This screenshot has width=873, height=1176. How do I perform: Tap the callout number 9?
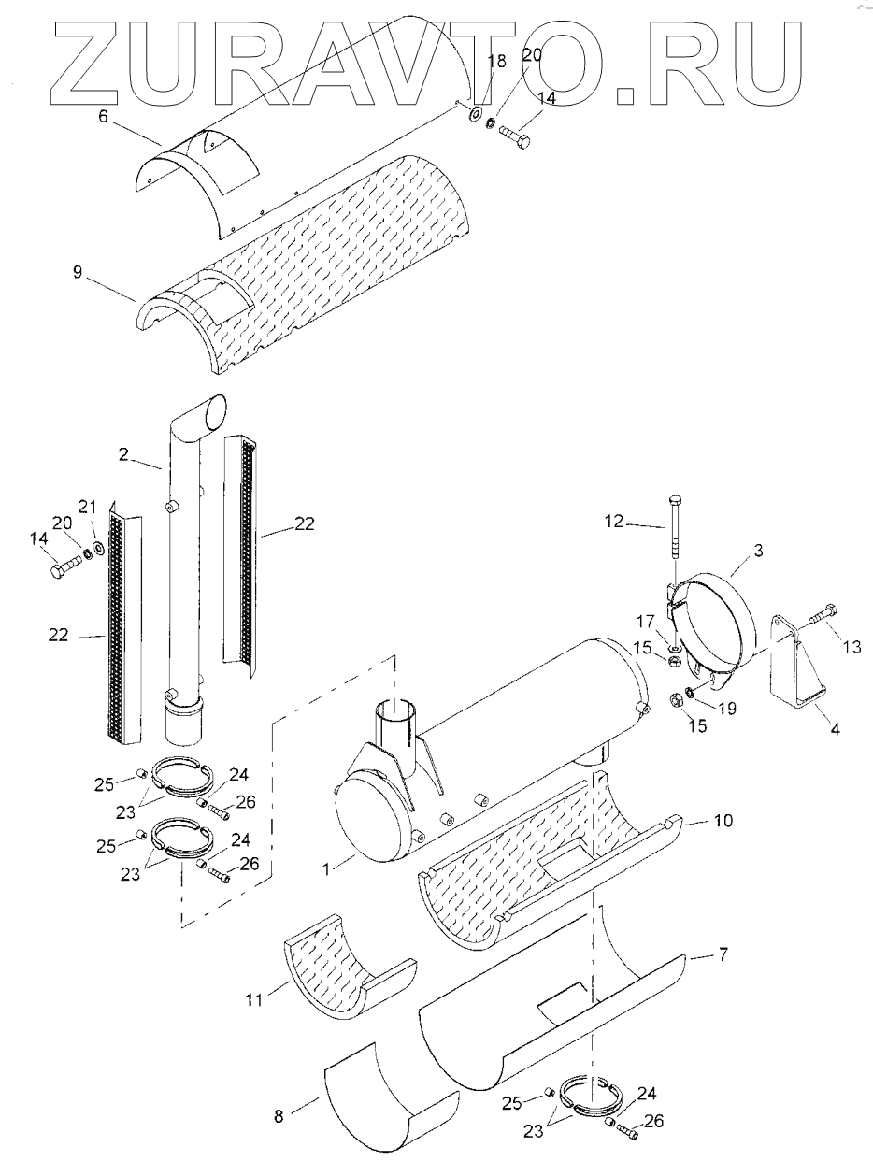pos(78,273)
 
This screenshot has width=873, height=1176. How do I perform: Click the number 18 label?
pos(496,62)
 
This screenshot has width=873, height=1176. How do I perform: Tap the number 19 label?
pos(725,708)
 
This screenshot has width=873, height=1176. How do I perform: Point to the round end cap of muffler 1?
pos(368,822)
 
